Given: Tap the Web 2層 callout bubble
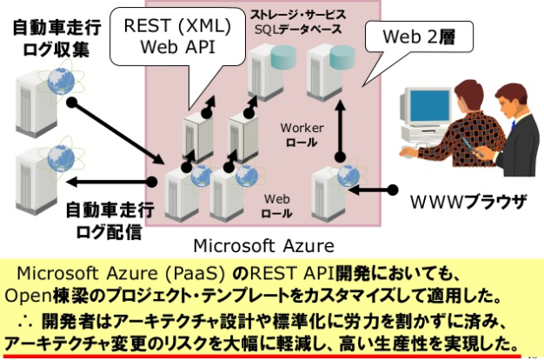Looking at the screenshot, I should pyautogui.click(x=420, y=37).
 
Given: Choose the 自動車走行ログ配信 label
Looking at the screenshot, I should pyautogui.click(x=108, y=218).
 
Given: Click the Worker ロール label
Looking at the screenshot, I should pyautogui.click(x=302, y=135).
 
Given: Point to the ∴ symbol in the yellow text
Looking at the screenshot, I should pyautogui.click(x=27, y=315).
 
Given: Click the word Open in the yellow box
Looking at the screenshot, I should pyautogui.click(x=29, y=294).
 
